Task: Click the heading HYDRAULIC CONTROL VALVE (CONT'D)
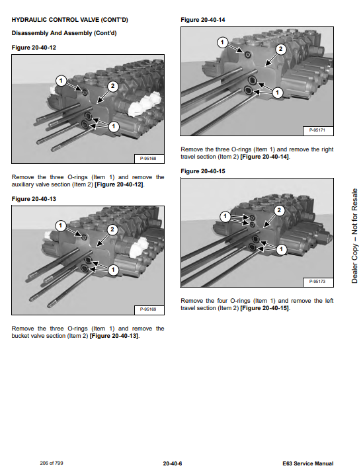click(70, 20)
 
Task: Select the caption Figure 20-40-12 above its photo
click(34, 48)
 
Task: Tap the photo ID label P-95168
click(148, 159)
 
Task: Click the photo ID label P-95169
click(148, 309)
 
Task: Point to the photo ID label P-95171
click(317, 130)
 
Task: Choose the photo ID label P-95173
click(317, 282)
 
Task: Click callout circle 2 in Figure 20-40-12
click(113, 87)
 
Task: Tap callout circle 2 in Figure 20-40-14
click(280, 49)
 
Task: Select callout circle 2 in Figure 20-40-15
click(279, 210)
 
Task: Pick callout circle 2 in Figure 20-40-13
click(112, 230)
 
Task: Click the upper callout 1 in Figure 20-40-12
click(61, 81)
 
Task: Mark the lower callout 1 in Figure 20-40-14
click(278, 93)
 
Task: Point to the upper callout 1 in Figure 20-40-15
click(225, 216)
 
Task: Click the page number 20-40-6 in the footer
click(173, 463)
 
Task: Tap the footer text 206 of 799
click(52, 463)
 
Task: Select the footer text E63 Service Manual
click(308, 463)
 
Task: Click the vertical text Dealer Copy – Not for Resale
click(354, 236)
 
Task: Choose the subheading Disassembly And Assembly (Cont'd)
click(64, 33)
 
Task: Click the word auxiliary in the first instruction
click(22, 184)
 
